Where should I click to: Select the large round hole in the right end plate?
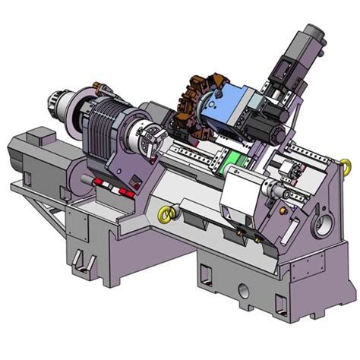(323, 225)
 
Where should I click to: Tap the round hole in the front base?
(242, 292)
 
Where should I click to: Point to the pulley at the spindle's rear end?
(58, 103)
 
